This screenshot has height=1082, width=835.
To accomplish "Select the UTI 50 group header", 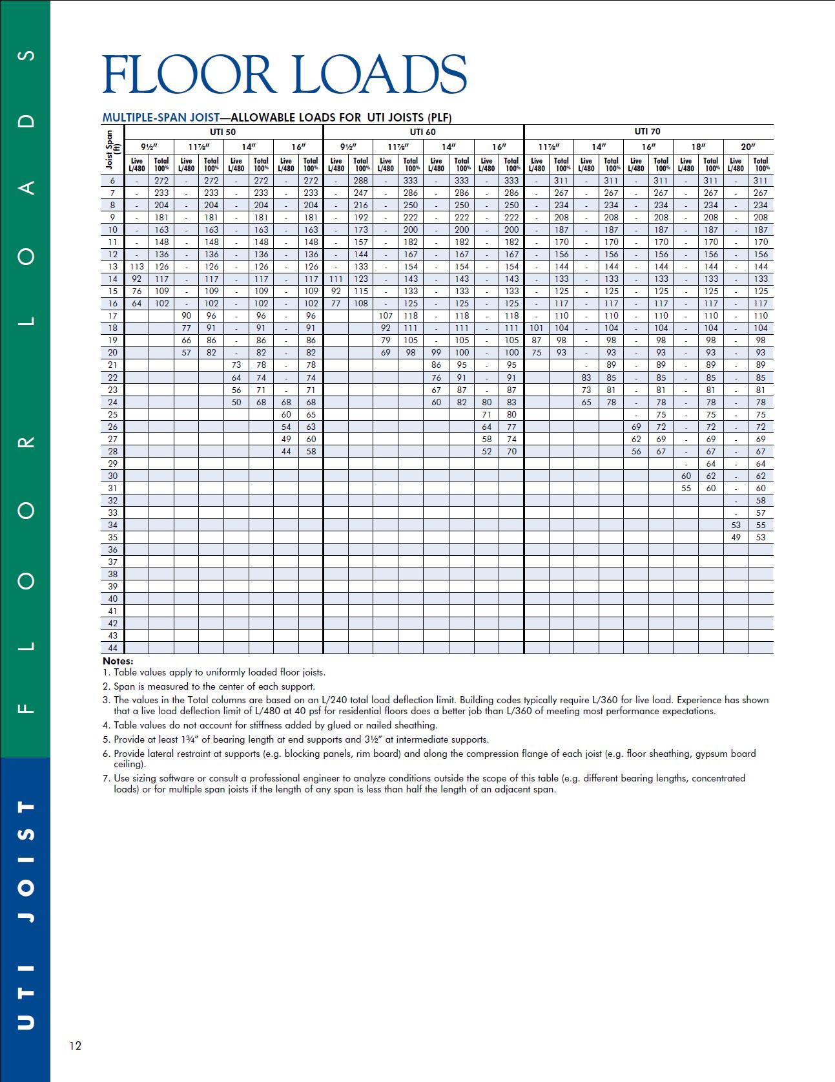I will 223,132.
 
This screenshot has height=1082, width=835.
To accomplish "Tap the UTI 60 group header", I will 423,132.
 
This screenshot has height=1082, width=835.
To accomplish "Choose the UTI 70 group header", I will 648,132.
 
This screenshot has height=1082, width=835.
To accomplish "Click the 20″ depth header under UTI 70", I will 748,147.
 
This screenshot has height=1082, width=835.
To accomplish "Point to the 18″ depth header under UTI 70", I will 698,147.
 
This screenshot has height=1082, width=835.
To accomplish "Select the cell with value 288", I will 360,181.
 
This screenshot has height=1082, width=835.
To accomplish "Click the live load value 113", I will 137,266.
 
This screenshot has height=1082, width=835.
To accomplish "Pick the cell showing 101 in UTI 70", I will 537,328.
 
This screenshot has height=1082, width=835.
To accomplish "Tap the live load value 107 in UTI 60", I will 386,315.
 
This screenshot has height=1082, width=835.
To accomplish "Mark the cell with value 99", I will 436,352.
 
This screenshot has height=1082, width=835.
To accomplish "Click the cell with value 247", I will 360,193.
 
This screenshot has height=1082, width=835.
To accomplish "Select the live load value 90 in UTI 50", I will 186,315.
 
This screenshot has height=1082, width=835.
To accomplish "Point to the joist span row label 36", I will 113,549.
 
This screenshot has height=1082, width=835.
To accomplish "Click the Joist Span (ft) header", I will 112,149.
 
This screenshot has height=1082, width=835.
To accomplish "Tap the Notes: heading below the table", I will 118,661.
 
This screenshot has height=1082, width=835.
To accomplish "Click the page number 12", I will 76,1046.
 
